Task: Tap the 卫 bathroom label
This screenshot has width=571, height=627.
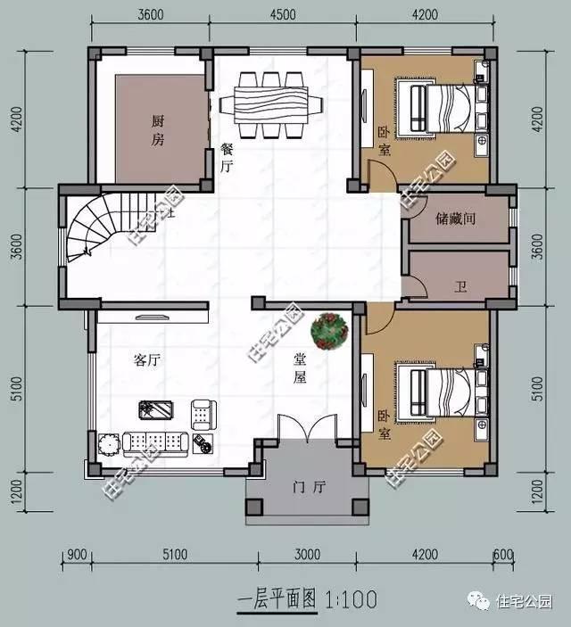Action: (x=460, y=287)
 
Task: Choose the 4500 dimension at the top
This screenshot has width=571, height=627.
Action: (x=283, y=14)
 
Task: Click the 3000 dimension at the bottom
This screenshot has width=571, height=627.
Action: (x=308, y=554)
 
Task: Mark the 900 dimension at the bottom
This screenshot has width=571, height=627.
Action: (x=76, y=554)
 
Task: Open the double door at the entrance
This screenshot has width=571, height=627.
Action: (x=307, y=433)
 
